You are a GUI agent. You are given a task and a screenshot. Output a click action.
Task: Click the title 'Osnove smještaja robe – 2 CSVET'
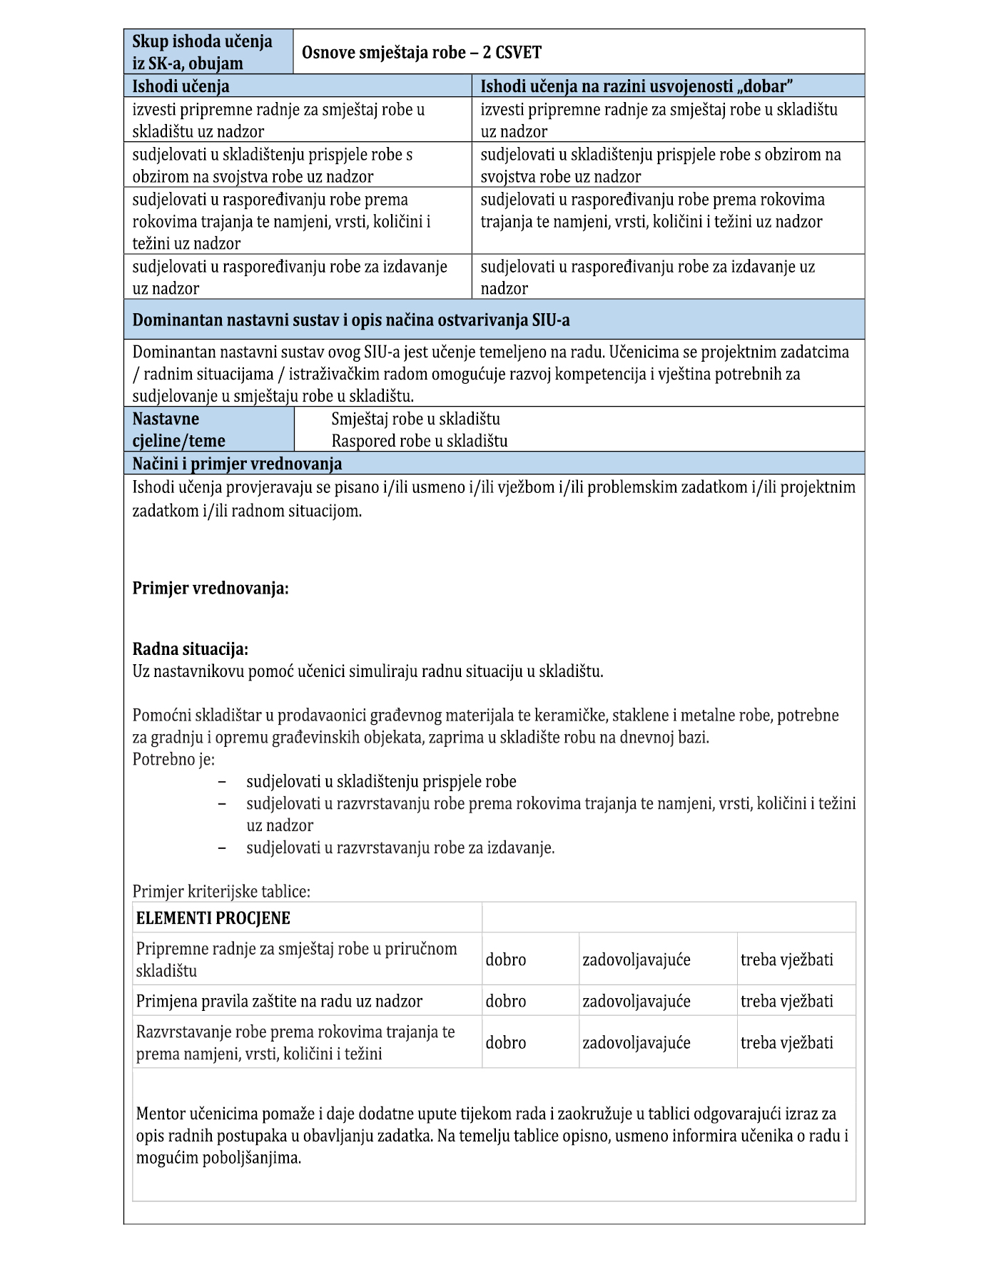[x=421, y=52]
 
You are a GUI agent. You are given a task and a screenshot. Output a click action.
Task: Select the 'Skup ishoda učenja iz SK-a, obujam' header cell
[x=208, y=52]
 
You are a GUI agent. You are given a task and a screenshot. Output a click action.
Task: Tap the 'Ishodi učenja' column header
[x=181, y=86]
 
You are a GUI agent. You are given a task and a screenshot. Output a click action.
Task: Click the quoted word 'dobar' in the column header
[x=767, y=86]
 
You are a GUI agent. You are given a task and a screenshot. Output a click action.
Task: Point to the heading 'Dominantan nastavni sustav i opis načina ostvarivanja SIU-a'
[x=351, y=320]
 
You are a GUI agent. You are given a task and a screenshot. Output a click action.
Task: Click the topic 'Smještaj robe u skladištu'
[x=415, y=419]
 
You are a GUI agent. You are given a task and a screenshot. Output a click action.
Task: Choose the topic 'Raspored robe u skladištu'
[x=420, y=441]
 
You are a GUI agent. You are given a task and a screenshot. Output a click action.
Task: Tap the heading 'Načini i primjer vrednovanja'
[x=237, y=464]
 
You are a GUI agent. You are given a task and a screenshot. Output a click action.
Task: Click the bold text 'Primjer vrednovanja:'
[x=211, y=589]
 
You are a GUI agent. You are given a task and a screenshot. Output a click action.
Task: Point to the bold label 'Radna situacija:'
[x=191, y=649]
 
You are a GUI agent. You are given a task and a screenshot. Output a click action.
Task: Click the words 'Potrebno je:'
[x=173, y=759]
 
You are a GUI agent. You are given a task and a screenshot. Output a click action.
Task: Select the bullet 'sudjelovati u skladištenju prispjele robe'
[x=381, y=781]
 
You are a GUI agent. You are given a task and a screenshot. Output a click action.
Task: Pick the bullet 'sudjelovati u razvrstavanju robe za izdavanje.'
[x=400, y=848]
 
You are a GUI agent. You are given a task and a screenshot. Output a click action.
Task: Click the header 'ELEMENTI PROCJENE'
[x=213, y=918]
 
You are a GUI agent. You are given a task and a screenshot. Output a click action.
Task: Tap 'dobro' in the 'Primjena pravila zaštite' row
[x=506, y=1001]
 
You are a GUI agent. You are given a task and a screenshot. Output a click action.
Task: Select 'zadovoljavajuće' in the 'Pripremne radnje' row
[x=636, y=960]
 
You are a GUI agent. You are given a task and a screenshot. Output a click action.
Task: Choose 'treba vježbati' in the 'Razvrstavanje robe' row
[x=786, y=1042]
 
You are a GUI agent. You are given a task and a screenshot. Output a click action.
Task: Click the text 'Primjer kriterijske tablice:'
[x=221, y=891]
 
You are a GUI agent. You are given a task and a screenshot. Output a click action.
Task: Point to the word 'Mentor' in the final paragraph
[x=161, y=1113]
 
